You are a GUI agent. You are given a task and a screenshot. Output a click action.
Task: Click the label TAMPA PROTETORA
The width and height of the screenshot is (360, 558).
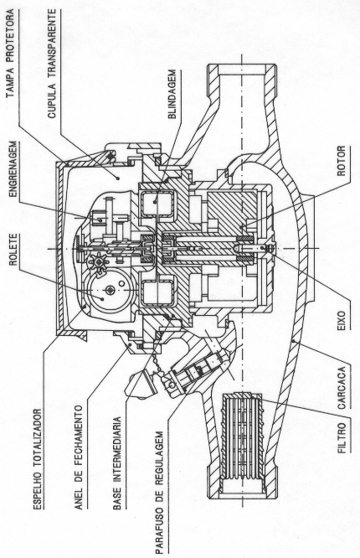pyautogui.click(x=11, y=54)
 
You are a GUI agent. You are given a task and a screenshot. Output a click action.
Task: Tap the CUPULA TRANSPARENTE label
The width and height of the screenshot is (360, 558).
pyautogui.click(x=52, y=64)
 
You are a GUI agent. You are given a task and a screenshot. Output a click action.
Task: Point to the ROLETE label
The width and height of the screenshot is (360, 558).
pyautogui.click(x=13, y=250)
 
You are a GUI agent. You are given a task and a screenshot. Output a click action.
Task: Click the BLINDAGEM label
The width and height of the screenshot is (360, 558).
pyautogui.click(x=172, y=95)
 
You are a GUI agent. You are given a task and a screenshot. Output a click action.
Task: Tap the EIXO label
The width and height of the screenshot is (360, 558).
pyautogui.click(x=341, y=320)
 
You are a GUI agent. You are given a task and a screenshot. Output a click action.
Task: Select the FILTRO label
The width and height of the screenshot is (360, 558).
pyautogui.click(x=342, y=437)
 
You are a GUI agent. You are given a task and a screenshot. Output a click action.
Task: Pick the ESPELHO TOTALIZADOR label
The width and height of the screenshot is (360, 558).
pyautogui.click(x=38, y=459)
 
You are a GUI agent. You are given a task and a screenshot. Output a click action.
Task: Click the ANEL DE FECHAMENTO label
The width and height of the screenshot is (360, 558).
pyautogui.click(x=79, y=457)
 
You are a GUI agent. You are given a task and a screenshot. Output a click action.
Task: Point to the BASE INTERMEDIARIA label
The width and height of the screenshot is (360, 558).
pyautogui.click(x=117, y=463)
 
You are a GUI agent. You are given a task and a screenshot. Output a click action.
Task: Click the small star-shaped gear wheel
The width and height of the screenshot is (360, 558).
pyautogui.click(x=99, y=263)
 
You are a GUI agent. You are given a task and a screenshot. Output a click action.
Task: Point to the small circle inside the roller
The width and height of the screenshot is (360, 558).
pyautogui.click(x=121, y=284)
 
